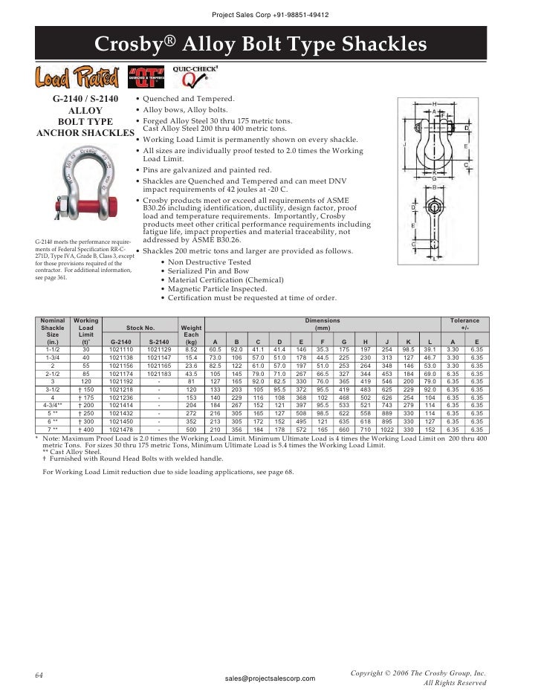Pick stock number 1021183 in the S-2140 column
[159, 374]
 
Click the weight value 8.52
[190, 349]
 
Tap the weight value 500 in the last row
[190, 429]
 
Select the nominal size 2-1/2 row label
[53, 374]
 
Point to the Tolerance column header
[464, 320]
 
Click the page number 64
[41, 675]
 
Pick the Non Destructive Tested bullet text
[210, 262]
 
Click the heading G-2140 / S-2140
[85, 99]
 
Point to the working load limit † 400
[85, 429]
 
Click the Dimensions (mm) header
[322, 324]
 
